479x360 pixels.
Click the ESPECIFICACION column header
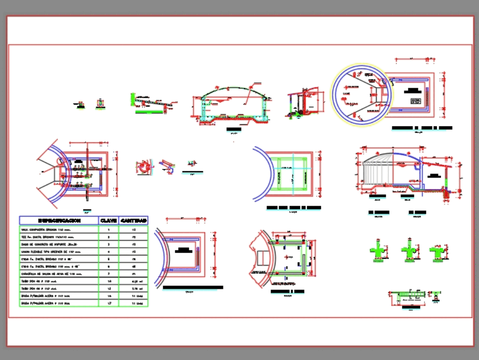59,221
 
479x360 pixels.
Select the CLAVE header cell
108,221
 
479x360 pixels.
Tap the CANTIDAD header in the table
134,221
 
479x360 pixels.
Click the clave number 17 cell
108,303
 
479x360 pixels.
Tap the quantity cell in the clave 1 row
134,230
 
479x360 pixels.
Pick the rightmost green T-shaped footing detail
437,252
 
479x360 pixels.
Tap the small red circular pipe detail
143,167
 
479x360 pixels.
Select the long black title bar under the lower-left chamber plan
193,288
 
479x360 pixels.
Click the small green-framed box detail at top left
100,103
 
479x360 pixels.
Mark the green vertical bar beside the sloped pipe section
132,100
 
